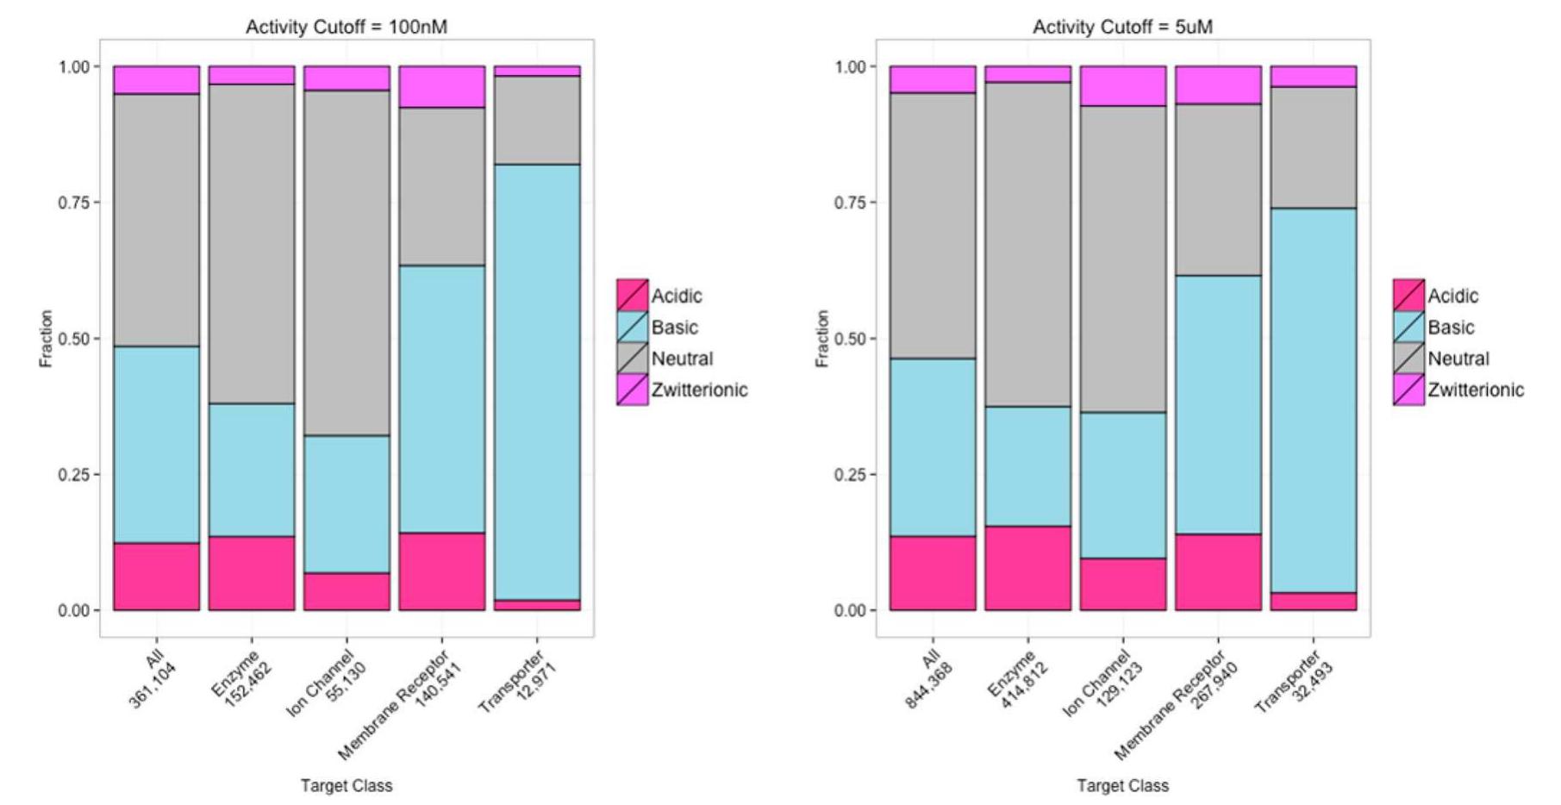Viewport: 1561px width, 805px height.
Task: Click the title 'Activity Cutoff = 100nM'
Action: coord(347,27)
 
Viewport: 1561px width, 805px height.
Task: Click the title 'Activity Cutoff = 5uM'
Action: coord(1122,27)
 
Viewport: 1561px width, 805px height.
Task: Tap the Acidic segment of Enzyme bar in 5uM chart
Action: coord(1027,568)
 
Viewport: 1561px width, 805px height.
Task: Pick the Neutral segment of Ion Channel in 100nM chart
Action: coord(347,263)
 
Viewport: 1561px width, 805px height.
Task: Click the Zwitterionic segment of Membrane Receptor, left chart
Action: coord(441,86)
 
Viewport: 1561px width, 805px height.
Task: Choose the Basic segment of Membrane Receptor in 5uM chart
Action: coord(1218,405)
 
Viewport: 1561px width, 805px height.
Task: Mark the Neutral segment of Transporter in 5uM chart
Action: coord(1313,147)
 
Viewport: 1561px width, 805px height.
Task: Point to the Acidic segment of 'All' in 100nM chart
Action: coord(157,577)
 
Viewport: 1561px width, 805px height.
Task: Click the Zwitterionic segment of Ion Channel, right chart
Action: coord(1122,86)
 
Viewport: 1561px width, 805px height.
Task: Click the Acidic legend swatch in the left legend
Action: coord(633,296)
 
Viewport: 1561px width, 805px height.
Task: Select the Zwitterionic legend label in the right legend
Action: coord(1476,390)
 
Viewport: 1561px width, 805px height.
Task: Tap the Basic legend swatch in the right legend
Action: coord(1408,328)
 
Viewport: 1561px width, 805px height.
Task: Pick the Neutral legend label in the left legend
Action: coord(682,359)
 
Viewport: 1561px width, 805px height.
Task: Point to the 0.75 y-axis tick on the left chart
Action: coord(73,203)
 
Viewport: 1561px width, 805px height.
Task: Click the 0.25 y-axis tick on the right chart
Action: coord(850,475)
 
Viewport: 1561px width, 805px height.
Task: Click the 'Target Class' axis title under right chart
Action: coord(1122,786)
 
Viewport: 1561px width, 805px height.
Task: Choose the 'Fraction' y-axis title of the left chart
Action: coord(47,339)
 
